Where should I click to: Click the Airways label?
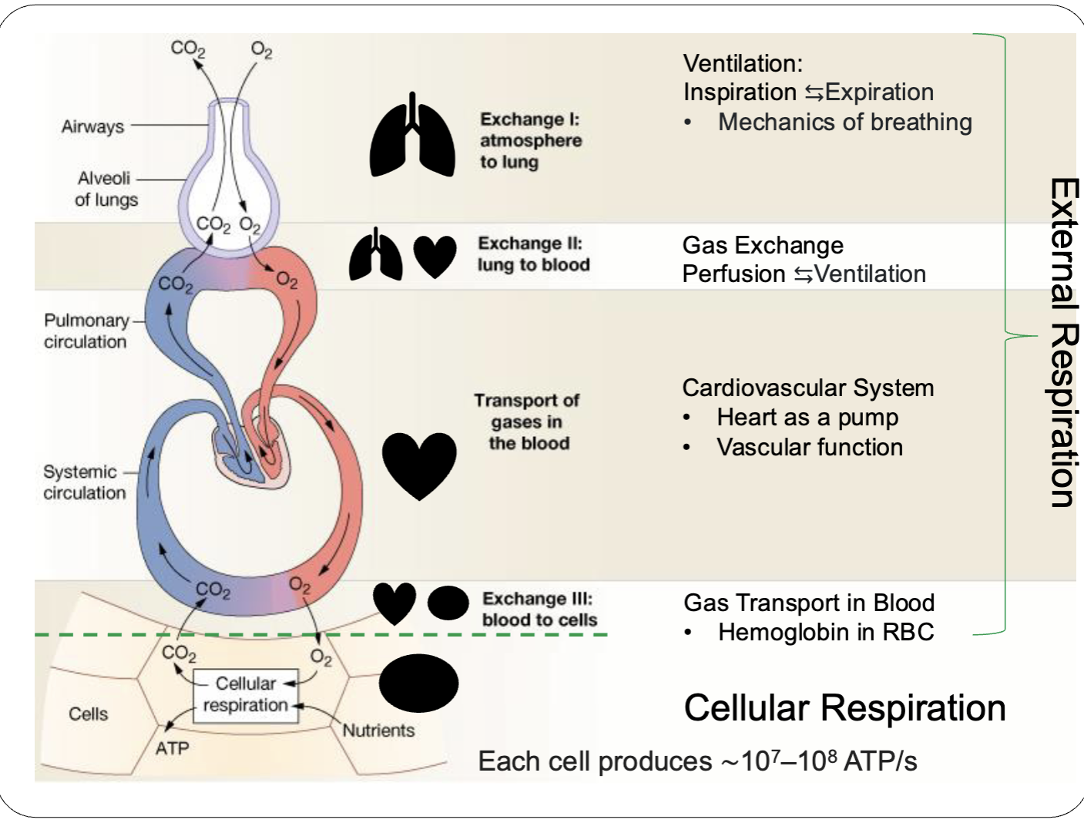coord(92,126)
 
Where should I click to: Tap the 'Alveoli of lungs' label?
coord(106,189)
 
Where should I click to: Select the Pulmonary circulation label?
coord(86,331)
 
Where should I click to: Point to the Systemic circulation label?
coord(83,482)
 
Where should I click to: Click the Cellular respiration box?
coord(245,694)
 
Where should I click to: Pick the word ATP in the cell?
coord(172,748)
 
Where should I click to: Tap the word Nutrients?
coord(378,731)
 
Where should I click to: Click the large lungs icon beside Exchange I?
coord(412,137)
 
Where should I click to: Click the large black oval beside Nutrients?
coord(418,684)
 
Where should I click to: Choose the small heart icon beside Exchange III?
coord(394,603)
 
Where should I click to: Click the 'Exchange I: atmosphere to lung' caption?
coord(530,140)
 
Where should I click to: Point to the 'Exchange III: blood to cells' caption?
coord(539,610)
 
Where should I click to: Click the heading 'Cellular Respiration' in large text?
coord(844,707)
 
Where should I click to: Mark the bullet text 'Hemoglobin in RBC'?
coord(825,632)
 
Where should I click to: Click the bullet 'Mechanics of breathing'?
coord(844,122)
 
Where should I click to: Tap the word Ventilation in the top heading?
coord(742,63)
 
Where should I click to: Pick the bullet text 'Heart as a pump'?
coord(807,417)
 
